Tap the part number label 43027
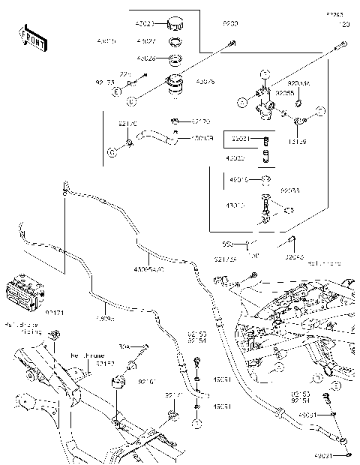[145, 40]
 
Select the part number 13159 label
[298, 139]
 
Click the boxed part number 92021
[241, 139]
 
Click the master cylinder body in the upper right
[264, 101]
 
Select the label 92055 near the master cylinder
[283, 91]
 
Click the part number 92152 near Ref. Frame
[105, 363]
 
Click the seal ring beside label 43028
[174, 58]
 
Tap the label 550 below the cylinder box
[226, 244]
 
